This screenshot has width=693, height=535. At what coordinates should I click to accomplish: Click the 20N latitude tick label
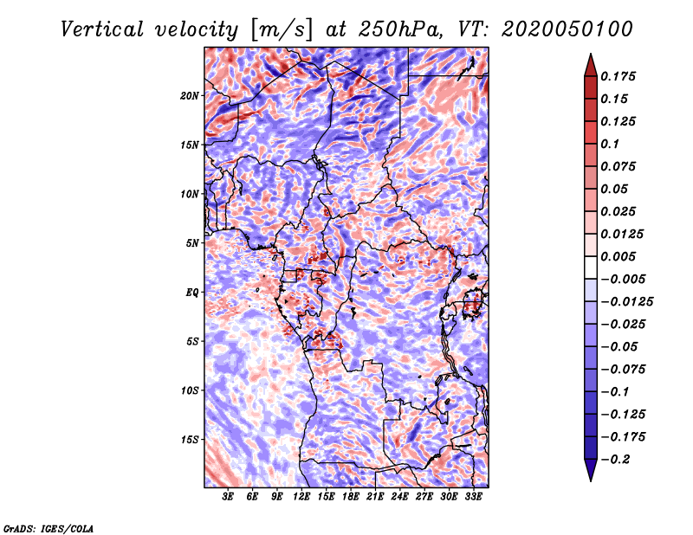click(x=190, y=95)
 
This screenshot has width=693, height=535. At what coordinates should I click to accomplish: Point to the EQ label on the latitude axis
click(x=191, y=293)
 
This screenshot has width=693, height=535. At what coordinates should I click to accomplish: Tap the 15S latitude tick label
click(x=190, y=440)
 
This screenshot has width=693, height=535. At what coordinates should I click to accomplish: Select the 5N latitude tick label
click(x=191, y=243)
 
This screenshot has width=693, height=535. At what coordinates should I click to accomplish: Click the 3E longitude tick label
click(x=229, y=497)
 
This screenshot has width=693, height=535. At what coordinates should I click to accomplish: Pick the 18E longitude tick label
click(x=351, y=497)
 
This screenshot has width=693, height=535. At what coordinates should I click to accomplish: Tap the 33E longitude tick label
click(x=473, y=497)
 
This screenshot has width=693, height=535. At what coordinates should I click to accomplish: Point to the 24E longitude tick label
click(x=399, y=497)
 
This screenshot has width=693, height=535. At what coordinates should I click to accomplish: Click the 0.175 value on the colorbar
click(x=619, y=76)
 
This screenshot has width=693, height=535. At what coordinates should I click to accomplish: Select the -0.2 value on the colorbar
click(x=617, y=459)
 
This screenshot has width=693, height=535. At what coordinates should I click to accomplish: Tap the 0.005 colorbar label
click(x=619, y=256)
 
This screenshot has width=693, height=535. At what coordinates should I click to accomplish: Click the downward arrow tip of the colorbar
click(x=589, y=479)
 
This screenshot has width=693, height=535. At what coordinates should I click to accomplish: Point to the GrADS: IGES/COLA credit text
click(x=48, y=526)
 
